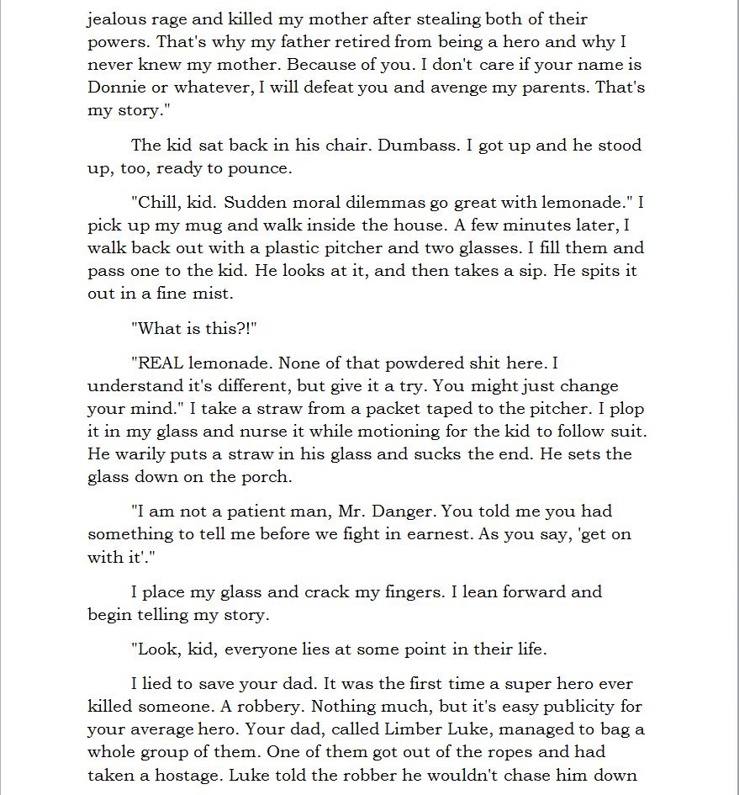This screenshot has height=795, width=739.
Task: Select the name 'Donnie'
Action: [x=114, y=87]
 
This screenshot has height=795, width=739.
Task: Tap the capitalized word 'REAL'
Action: [x=160, y=363]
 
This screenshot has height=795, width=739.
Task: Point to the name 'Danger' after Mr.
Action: [x=403, y=511]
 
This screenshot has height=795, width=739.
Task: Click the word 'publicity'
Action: [x=604, y=706]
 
